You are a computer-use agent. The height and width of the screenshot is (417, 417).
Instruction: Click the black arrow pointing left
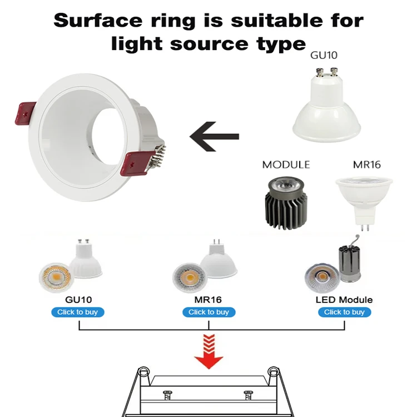214,136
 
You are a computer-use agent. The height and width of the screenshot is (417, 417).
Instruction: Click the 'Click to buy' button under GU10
78,312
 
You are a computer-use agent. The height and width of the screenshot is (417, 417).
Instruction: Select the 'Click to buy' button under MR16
209,312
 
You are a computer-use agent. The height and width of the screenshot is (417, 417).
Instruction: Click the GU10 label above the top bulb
324,55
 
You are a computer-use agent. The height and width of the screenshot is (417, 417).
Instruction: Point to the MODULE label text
286,165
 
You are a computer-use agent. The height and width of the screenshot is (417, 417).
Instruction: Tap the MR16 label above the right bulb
365,165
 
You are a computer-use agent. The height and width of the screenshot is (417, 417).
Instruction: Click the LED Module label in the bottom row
344,300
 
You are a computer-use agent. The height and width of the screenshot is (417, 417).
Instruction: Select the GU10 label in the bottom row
78,300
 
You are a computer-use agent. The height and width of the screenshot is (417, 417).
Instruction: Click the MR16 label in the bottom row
209,300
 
